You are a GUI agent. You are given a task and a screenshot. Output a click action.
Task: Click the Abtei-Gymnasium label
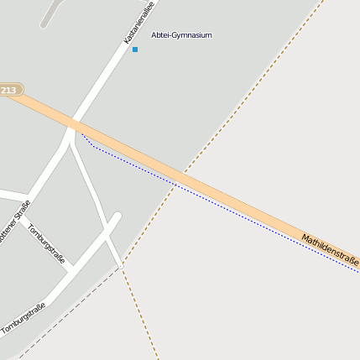[181, 35]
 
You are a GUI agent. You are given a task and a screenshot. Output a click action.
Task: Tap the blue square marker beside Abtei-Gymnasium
[134, 50]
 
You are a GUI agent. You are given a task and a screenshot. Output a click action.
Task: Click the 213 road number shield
[10, 90]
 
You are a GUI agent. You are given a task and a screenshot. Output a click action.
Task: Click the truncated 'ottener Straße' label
[14, 222]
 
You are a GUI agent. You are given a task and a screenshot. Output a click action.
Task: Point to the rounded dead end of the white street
[117, 217]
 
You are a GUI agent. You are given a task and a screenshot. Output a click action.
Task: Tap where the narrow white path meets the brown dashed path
[121, 265]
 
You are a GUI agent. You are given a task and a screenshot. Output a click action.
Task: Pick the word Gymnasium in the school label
[192, 35]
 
